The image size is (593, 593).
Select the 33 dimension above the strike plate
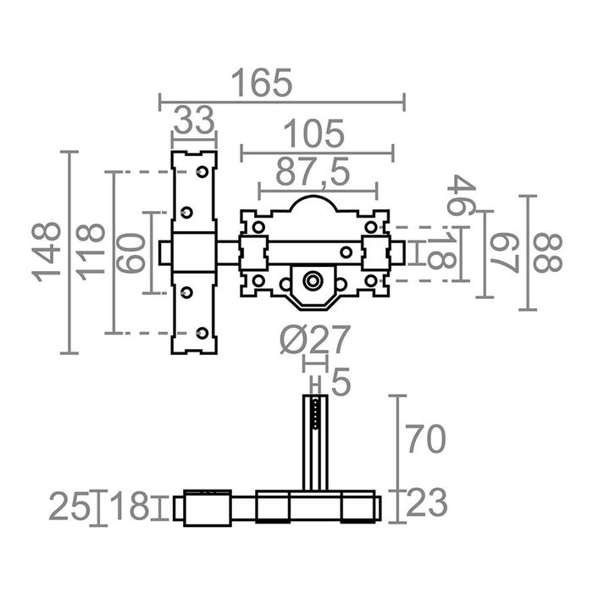click(194, 121)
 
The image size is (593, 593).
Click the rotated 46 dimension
click(463, 196)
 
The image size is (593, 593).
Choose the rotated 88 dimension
click(548, 252)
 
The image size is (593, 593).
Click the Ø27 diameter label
click(314, 340)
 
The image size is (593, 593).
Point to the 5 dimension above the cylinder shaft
click(340, 383)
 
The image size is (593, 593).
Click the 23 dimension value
click(425, 504)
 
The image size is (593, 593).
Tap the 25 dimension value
click(69, 507)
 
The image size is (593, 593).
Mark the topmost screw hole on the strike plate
click(202, 172)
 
